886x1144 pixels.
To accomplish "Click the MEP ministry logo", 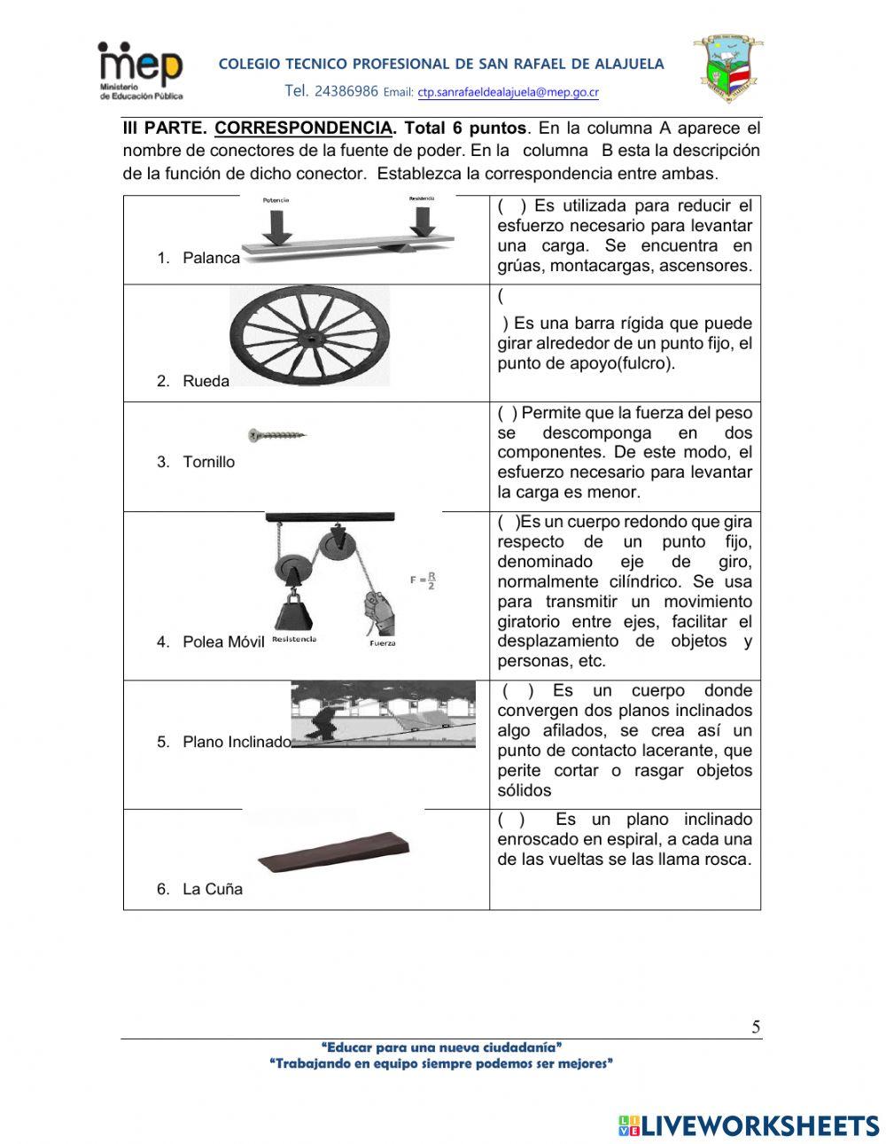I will point(140,70).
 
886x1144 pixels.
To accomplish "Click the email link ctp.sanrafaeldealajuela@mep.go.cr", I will point(508,92).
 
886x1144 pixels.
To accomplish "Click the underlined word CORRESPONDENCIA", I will point(302,128).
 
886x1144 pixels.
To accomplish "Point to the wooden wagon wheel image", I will point(309,337).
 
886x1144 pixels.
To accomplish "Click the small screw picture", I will point(277,435).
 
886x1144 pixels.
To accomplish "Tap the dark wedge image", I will point(333,852).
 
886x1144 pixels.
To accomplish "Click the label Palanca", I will point(211,258).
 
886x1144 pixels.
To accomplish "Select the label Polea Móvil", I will point(223,642).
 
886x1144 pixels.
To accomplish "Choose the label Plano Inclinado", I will point(237,742).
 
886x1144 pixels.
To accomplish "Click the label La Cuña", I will point(212,889).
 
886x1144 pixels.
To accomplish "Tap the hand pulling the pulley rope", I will point(379,614).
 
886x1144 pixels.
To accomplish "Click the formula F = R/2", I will point(423,580).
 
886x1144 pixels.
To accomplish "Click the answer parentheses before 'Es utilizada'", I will point(512,206).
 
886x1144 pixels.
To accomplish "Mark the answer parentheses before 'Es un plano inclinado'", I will point(511,820).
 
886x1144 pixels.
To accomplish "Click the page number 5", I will point(755,1027).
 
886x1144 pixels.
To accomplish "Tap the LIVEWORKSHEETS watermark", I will point(749,1125).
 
